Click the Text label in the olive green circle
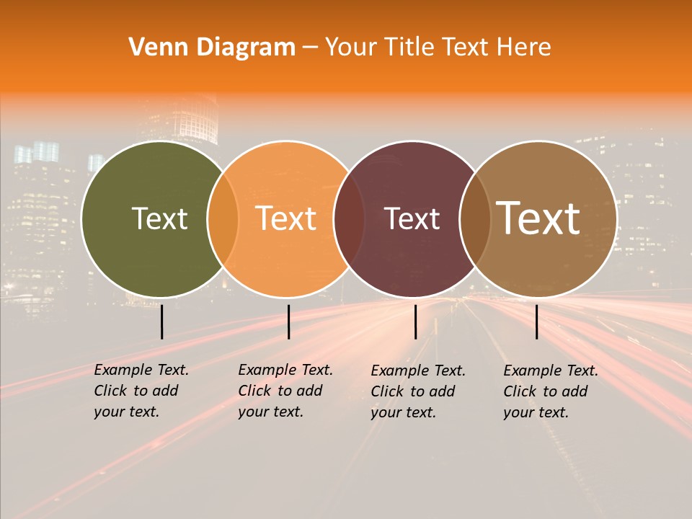tap(159, 218)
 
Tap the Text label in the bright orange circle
tap(286, 218)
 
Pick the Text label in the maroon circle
tap(412, 218)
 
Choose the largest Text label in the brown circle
tap(538, 218)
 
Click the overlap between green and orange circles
tap(223, 218)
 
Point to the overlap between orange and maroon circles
tap(349, 218)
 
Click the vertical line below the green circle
tap(161, 321)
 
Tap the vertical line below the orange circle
tap(288, 321)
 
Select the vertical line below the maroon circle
tap(415, 321)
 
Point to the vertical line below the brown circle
tap(536, 321)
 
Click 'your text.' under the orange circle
tap(270, 412)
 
